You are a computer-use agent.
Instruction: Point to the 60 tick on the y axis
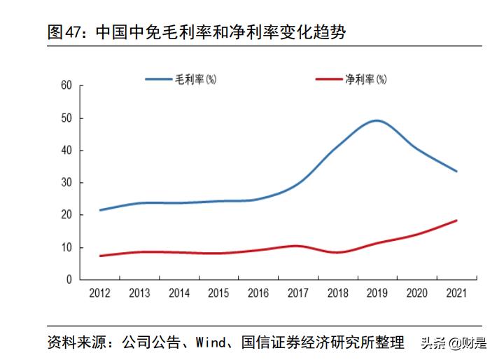66,85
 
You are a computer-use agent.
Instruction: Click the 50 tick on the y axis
66,118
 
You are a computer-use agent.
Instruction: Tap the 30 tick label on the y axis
66,183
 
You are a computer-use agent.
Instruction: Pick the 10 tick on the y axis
66,247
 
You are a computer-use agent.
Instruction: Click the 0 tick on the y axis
69,279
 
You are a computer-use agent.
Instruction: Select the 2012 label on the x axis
100,293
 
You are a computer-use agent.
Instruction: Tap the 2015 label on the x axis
219,293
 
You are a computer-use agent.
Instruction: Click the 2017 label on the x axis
298,293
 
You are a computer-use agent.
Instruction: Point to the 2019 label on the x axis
377,293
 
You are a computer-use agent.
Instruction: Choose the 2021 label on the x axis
456,293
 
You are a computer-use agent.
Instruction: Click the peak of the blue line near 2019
377,120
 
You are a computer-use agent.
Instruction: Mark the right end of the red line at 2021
456,221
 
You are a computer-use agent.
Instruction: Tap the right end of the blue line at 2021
456,171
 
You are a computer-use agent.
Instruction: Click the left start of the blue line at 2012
101,210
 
